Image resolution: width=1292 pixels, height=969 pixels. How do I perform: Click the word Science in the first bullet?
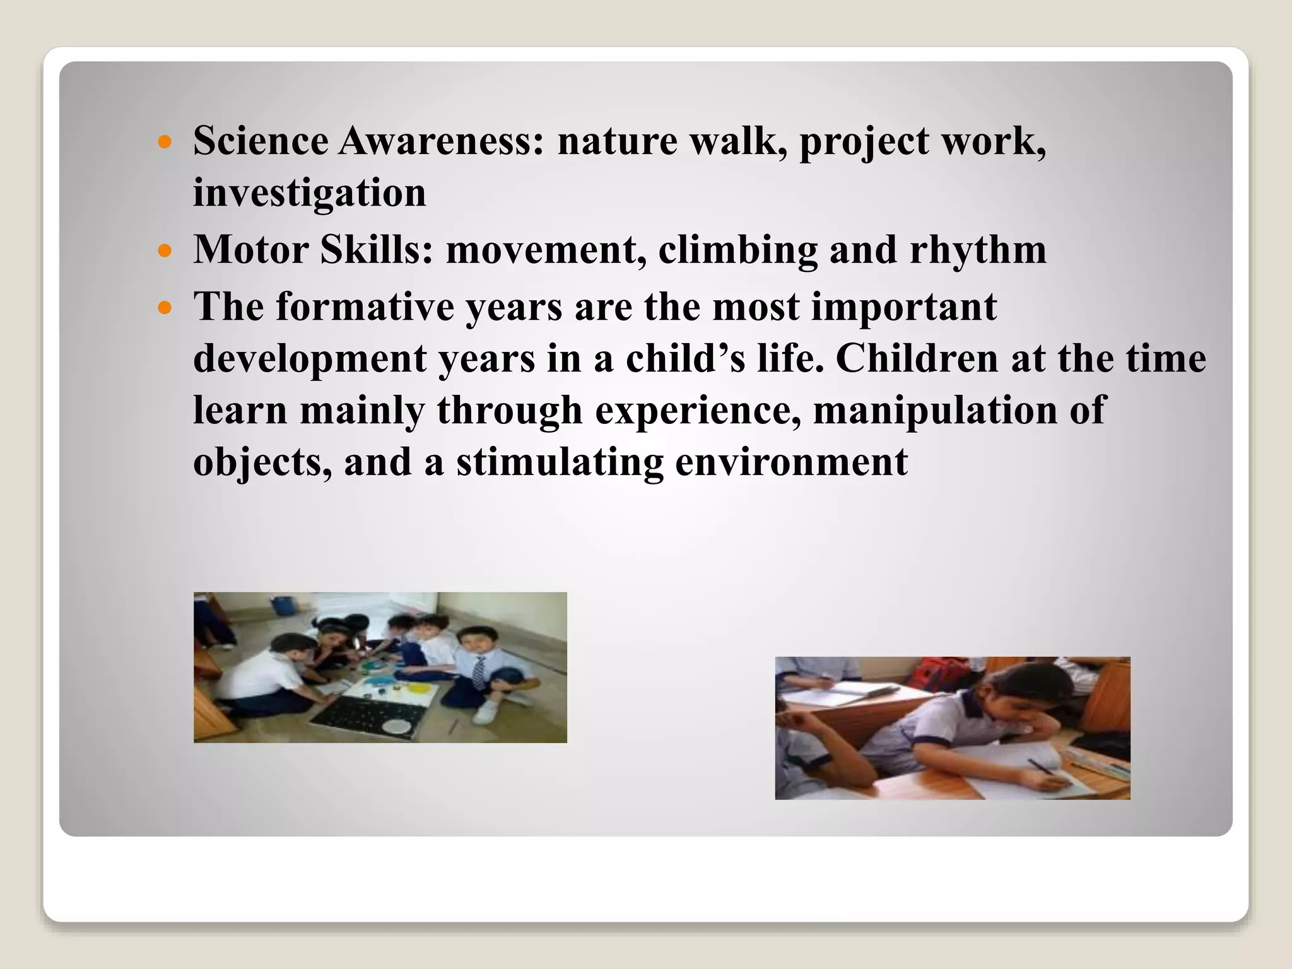(261, 141)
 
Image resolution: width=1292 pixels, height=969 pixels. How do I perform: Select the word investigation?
(309, 192)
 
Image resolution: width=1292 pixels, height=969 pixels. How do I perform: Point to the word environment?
(791, 462)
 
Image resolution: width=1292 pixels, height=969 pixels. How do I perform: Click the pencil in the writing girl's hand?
(1047, 773)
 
